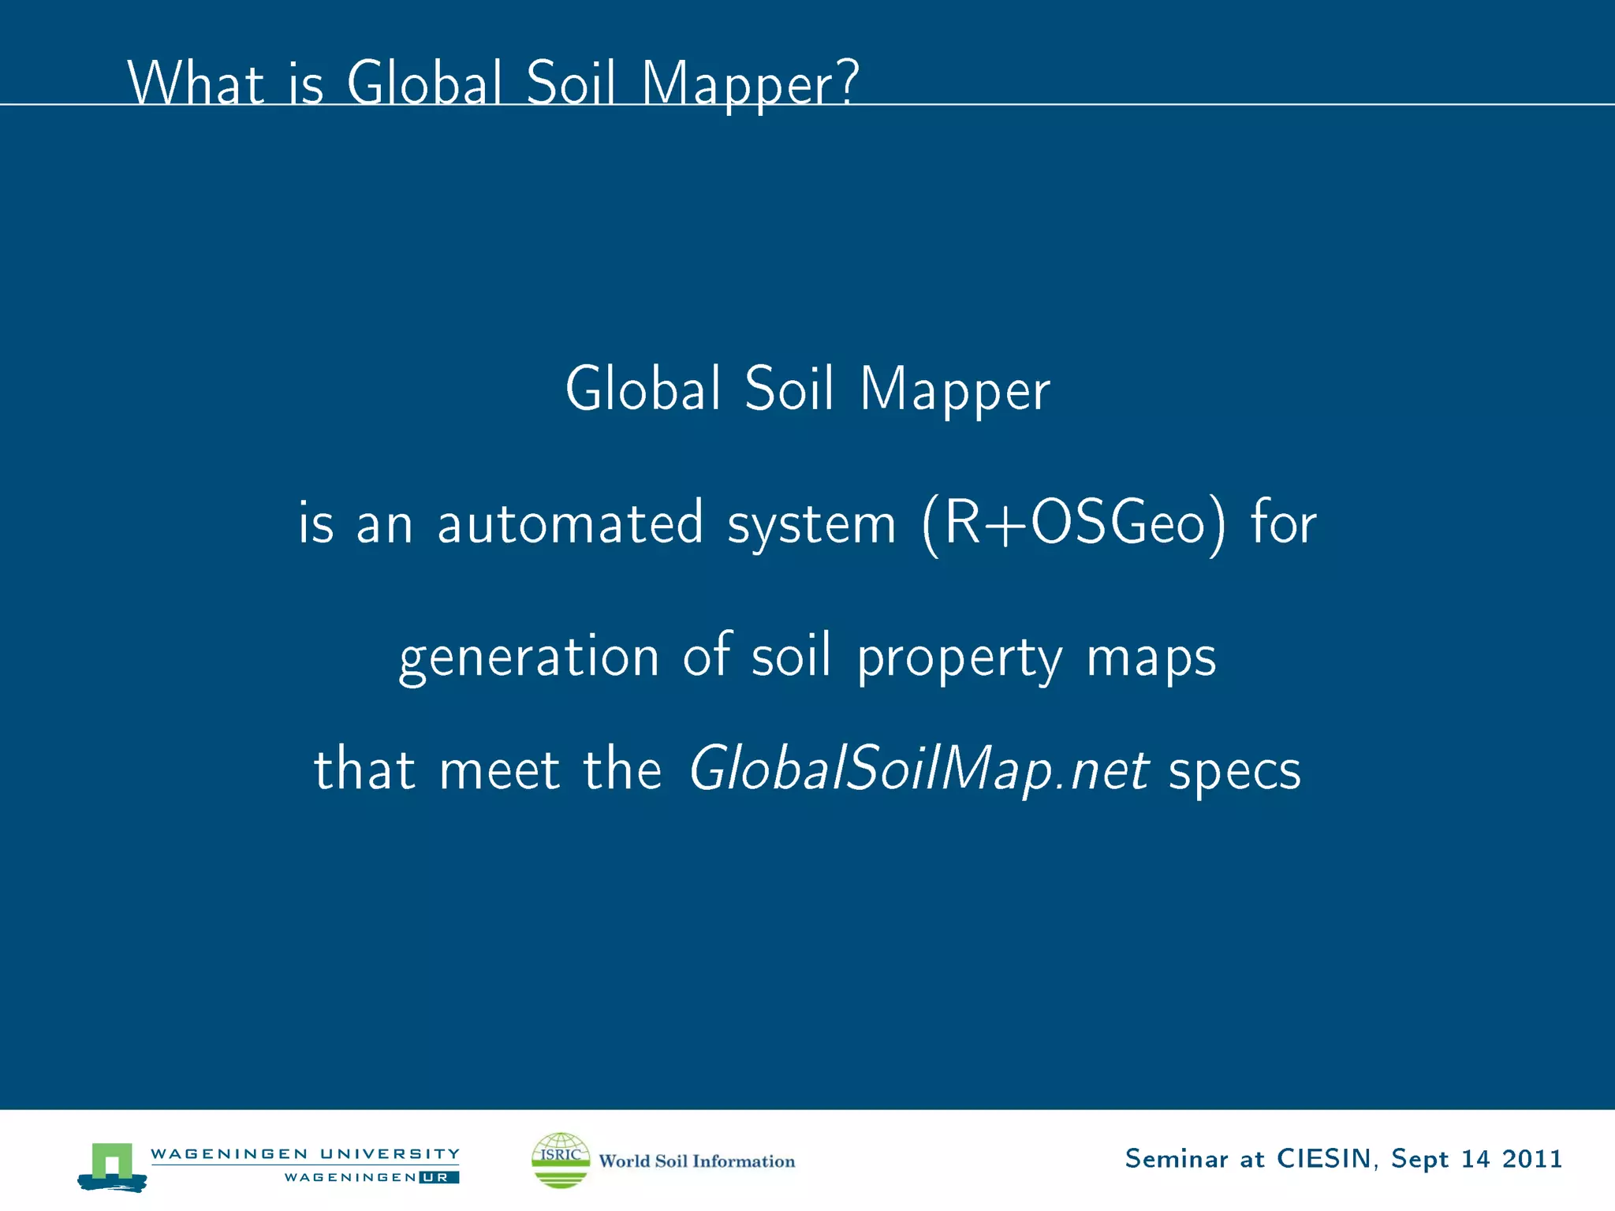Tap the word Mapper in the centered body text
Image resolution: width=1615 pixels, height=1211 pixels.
[955, 389]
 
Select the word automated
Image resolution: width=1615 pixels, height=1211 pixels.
[570, 523]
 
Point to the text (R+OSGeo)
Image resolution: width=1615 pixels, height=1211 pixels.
[1074, 524]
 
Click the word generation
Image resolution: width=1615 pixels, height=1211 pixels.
[529, 658]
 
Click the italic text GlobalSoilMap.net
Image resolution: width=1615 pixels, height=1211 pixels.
[919, 769]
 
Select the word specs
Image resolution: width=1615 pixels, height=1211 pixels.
[1234, 771]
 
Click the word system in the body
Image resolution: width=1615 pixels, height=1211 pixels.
[811, 524]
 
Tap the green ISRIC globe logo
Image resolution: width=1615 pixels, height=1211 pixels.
[561, 1160]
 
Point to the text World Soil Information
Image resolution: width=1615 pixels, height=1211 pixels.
[697, 1161]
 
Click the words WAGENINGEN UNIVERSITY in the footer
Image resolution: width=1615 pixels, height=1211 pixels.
[305, 1153]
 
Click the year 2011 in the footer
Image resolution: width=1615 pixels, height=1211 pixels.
[1532, 1159]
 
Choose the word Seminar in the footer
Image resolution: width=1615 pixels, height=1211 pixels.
[1177, 1159]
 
